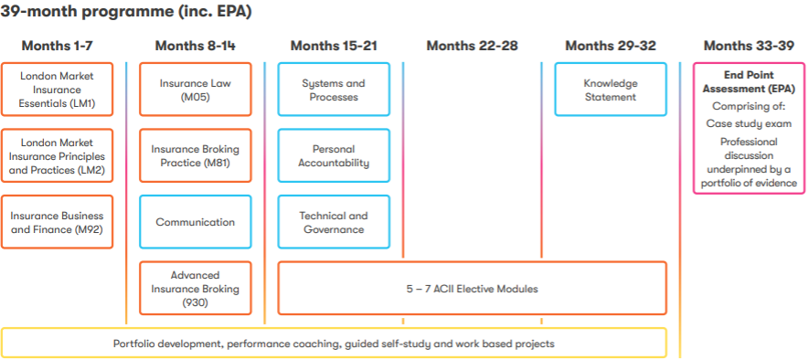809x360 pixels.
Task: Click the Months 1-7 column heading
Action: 57,46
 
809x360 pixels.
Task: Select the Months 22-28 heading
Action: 472,46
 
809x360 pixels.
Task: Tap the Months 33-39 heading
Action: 748,46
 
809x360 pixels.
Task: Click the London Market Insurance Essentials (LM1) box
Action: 57,90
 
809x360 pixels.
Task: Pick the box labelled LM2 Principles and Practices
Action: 57,155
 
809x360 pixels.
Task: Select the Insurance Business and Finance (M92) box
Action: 57,222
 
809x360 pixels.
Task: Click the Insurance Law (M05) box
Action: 196,90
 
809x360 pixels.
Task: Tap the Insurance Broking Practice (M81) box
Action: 196,155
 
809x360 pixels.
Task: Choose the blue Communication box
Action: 196,222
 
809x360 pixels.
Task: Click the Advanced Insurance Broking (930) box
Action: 196,289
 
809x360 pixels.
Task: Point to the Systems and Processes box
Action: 334,90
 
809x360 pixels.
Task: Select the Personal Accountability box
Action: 334,155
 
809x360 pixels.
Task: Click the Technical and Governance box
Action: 334,222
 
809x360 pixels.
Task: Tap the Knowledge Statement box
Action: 611,90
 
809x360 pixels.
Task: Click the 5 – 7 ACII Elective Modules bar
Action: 472,289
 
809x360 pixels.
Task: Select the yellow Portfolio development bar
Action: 334,343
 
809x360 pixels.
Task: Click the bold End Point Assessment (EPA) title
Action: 749,82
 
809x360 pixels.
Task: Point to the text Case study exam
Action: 749,123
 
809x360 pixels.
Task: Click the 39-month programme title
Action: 126,11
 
